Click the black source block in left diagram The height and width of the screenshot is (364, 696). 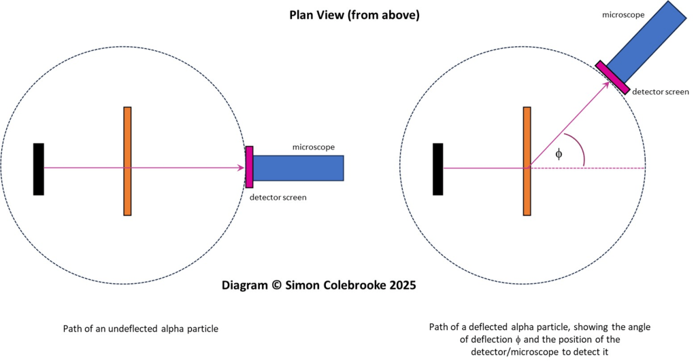[x=39, y=168]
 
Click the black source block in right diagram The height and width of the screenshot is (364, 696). [x=437, y=168]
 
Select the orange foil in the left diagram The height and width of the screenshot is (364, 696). [x=127, y=161]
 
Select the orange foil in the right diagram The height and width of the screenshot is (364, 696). [x=527, y=161]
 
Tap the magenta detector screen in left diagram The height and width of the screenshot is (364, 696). [x=249, y=166]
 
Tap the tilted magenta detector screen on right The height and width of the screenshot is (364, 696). [x=612, y=77]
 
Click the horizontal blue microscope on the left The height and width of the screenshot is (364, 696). [x=298, y=168]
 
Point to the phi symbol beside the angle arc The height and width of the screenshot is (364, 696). [x=559, y=153]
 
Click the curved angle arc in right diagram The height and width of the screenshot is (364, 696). [x=580, y=149]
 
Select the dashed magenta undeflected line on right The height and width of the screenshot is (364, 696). [x=599, y=168]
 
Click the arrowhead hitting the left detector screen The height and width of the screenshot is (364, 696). [x=242, y=168]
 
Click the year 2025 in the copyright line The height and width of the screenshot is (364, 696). [x=401, y=285]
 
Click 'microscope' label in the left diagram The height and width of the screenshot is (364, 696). [x=313, y=147]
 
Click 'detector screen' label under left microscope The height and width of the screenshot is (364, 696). [x=278, y=198]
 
